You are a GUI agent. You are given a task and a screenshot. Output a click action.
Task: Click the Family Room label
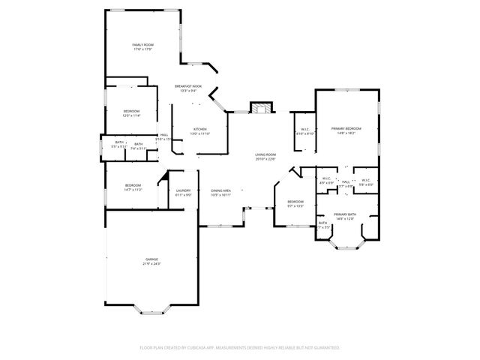point(142,46)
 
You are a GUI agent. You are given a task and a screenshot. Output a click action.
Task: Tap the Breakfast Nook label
point(188,86)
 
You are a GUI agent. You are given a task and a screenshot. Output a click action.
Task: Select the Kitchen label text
point(200,129)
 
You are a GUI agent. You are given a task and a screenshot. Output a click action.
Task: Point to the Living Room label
point(265,154)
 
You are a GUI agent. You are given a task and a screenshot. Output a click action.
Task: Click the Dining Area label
point(220,190)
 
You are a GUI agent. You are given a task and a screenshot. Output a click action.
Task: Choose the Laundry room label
point(183,190)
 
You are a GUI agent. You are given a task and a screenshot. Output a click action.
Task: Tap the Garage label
point(151,259)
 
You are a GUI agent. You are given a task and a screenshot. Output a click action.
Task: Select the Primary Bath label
point(346,214)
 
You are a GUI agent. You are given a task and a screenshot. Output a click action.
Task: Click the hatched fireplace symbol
point(260,108)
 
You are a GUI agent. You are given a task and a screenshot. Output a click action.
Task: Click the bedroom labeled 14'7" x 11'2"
point(133,190)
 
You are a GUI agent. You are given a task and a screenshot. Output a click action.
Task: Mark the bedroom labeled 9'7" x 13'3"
point(295,204)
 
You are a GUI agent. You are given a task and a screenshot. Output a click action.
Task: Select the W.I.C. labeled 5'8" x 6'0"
point(366,184)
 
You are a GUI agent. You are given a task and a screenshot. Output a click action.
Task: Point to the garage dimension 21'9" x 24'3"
point(151,264)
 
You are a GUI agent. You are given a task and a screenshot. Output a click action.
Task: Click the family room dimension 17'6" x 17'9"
point(142,49)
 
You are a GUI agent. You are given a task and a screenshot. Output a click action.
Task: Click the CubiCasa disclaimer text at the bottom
point(239,348)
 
